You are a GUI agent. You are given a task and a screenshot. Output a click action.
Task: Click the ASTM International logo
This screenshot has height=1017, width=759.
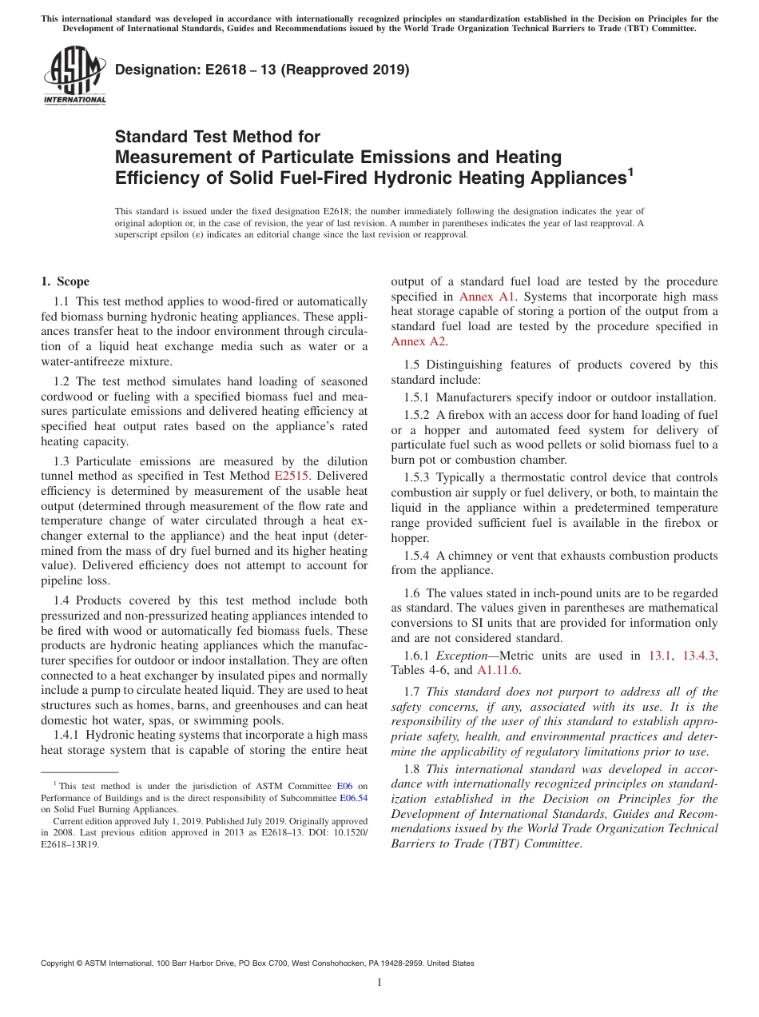point(74,77)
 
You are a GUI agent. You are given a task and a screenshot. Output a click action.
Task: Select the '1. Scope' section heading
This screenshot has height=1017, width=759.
point(65,281)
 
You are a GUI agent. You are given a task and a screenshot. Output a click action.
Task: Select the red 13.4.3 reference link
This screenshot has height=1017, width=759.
point(700,656)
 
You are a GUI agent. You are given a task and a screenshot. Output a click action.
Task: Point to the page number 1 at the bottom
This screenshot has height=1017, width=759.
point(379,982)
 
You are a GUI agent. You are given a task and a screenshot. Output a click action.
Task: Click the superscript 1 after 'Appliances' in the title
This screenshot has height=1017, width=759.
point(630,171)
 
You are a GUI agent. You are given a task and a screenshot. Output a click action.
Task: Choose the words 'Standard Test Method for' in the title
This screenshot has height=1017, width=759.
point(217,137)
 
